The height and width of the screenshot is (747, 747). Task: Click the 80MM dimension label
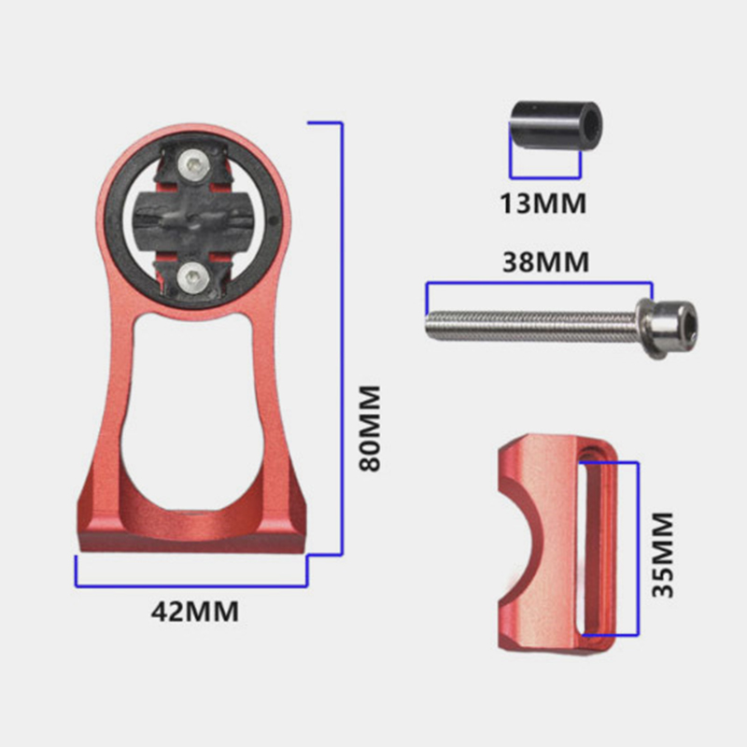[x=370, y=429]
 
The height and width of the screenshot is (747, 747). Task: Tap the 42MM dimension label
[x=195, y=612]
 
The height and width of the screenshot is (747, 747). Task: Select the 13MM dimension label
[x=543, y=204]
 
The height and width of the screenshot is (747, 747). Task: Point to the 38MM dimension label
[x=546, y=262]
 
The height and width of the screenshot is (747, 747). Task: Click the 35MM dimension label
[x=663, y=555]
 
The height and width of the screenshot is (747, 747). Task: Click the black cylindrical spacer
[x=556, y=125]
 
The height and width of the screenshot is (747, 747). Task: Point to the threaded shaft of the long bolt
[x=531, y=325]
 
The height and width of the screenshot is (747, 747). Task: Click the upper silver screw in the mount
[x=192, y=165]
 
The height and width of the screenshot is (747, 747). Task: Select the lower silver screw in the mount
[x=192, y=276]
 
